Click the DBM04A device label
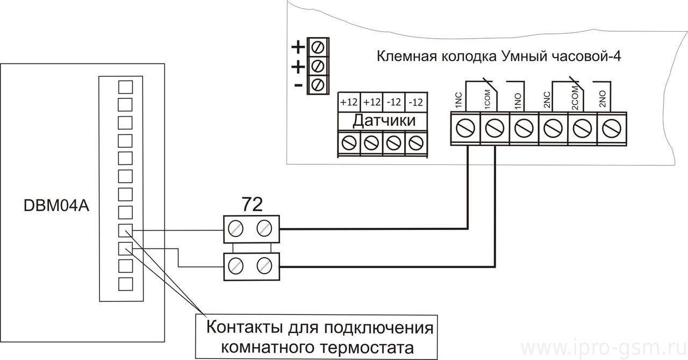(56, 206)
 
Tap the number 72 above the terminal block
(252, 204)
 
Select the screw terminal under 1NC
(465, 128)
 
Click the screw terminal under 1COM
(494, 128)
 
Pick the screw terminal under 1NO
(524, 128)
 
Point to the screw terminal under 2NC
(553, 128)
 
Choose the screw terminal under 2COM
(582, 128)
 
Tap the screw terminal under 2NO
(612, 128)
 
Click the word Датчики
(384, 121)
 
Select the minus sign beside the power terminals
(298, 85)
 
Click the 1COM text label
(488, 101)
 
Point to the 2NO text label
(603, 99)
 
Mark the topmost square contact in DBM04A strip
(125, 87)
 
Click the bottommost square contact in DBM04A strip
(125, 284)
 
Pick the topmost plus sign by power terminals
(298, 47)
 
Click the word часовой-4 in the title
(585, 56)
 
